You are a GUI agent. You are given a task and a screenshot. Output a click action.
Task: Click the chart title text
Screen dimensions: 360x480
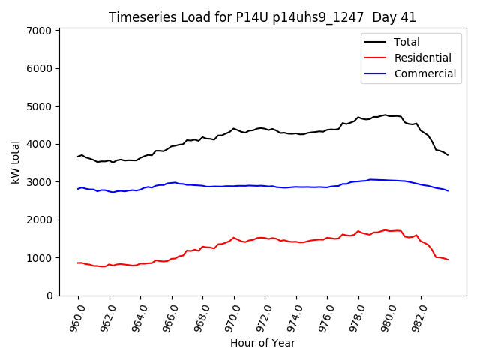coord(262,17)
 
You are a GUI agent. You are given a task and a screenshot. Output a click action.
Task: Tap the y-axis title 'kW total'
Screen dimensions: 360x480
coord(16,163)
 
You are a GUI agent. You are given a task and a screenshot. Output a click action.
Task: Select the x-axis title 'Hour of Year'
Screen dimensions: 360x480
coord(262,343)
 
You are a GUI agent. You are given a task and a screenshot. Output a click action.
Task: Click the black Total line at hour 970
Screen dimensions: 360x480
coord(234,129)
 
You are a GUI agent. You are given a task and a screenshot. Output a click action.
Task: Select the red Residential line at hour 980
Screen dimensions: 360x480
coord(390,231)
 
